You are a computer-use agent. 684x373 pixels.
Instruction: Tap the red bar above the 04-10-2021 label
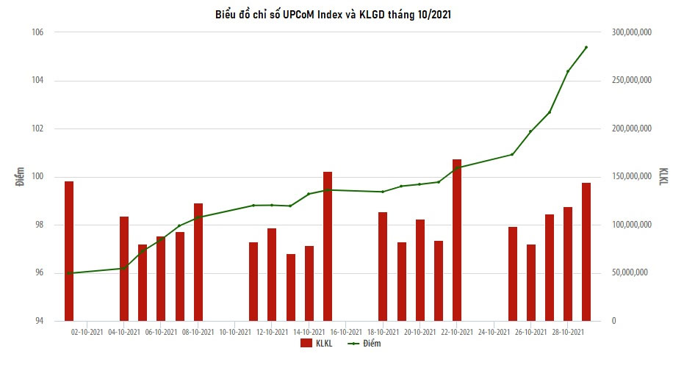tap(124, 269)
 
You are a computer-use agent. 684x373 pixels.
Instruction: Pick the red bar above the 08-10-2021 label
tap(198, 262)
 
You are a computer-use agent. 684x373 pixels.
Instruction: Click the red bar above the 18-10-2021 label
tap(383, 267)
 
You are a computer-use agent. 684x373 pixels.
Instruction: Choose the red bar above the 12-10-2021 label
tap(272, 275)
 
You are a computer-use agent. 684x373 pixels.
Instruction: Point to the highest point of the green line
tap(586, 48)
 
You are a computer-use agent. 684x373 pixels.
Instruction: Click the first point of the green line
tap(69, 273)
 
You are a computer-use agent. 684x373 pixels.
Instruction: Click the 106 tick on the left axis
tap(38, 32)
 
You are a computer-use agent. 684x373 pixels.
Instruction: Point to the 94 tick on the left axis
tap(39, 321)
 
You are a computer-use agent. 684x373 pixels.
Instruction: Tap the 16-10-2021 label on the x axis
tap(346, 332)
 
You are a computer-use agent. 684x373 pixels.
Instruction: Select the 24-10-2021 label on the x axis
tap(494, 332)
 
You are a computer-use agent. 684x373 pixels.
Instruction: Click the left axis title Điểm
tap(21, 176)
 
